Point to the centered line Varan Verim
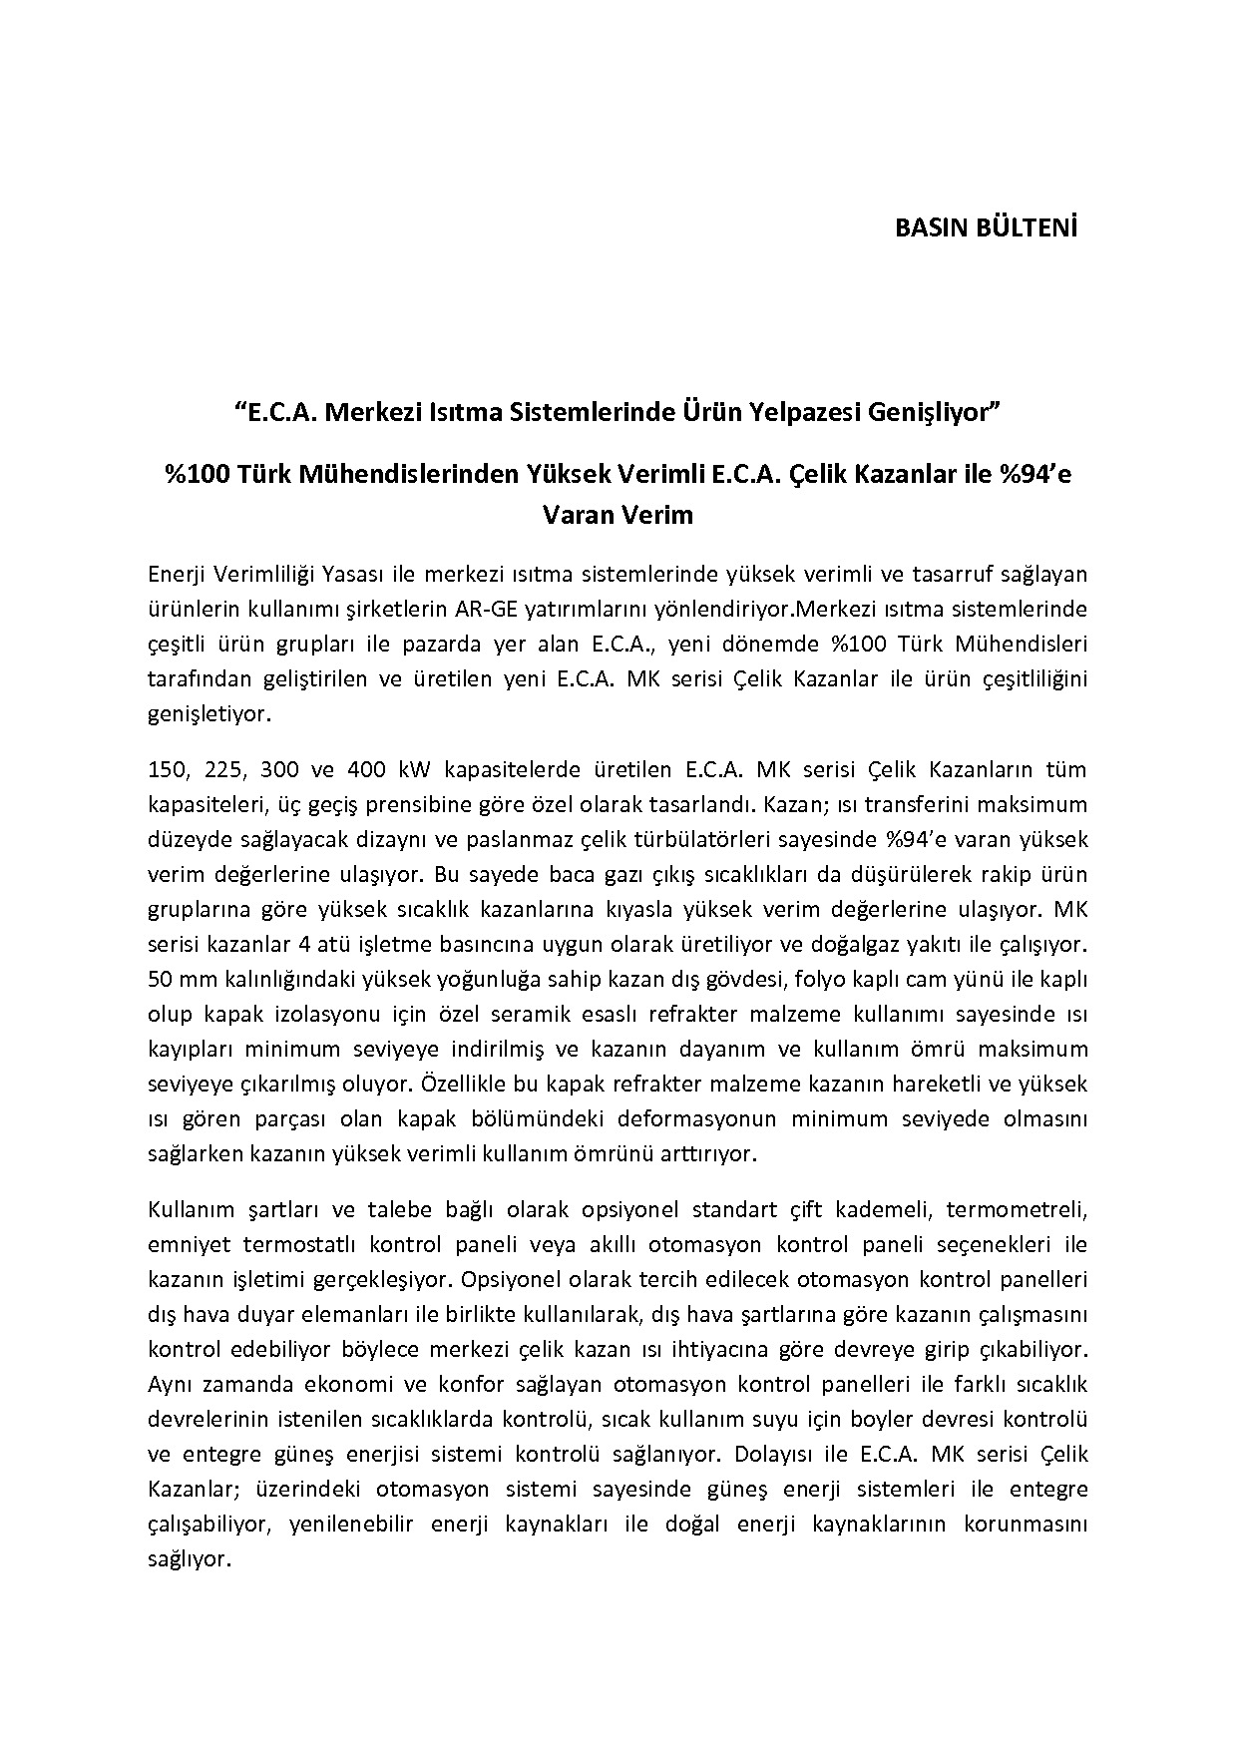pyautogui.click(x=618, y=515)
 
